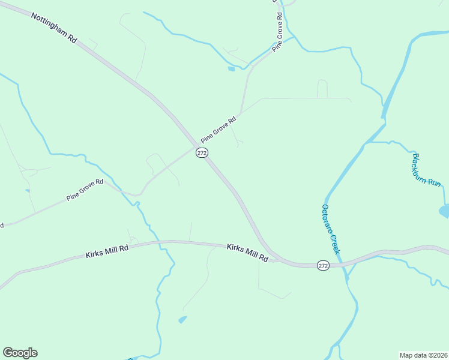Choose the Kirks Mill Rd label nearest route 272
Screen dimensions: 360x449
coord(247,252)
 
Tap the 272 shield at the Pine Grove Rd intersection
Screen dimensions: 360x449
coord(202,153)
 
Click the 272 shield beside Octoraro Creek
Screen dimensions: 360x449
coord(323,266)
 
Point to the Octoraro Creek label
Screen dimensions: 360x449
coord(331,229)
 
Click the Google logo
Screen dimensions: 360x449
coord(20,353)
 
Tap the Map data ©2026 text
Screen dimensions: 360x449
coord(423,355)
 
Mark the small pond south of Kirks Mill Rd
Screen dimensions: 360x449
coord(182,319)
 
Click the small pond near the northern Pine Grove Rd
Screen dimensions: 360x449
coord(231,69)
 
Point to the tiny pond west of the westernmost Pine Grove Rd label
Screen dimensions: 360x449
coord(28,191)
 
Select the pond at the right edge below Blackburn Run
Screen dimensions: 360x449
coord(445,211)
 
